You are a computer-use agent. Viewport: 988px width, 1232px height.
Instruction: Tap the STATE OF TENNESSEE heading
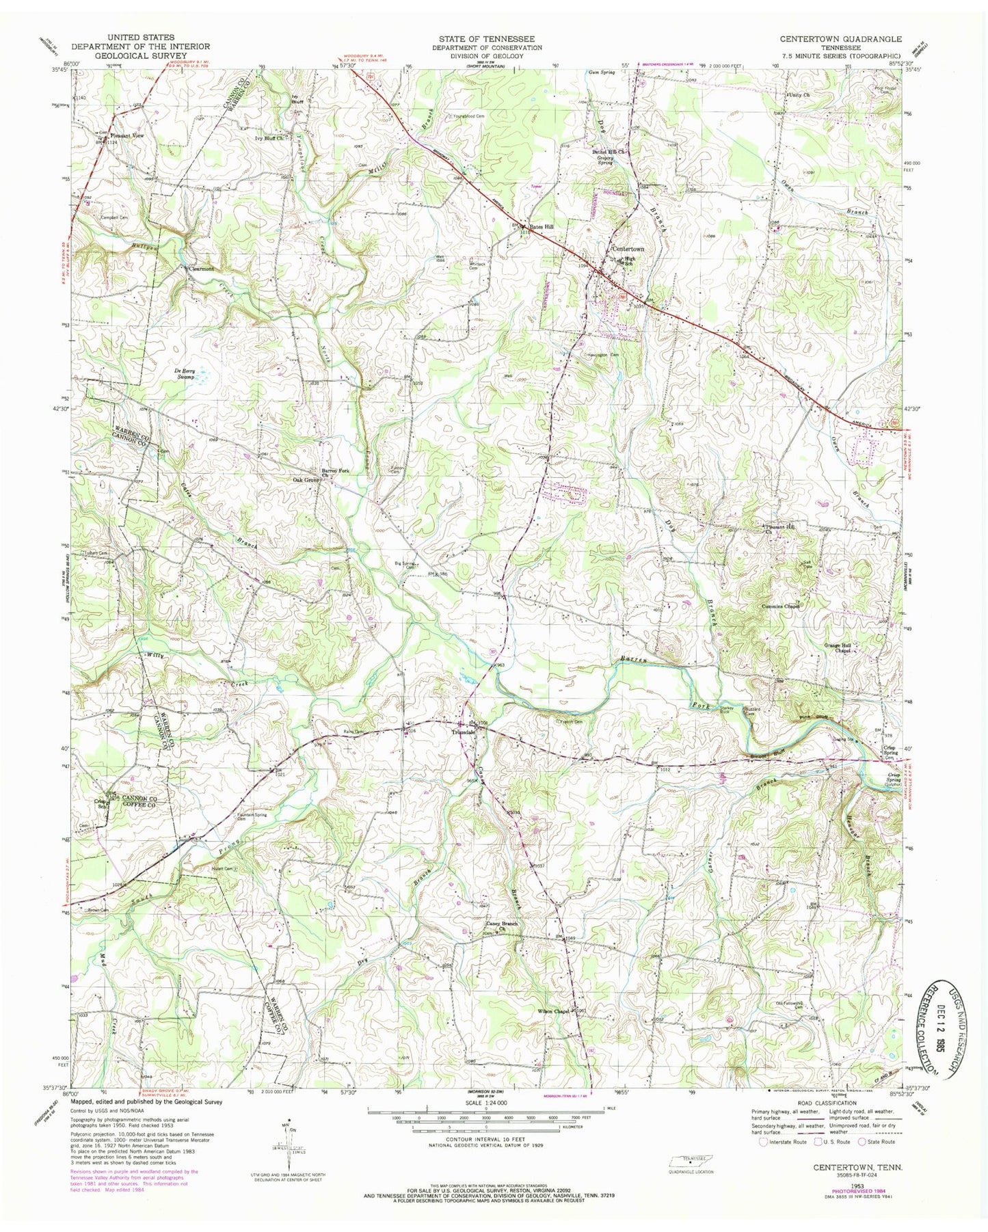point(487,39)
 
